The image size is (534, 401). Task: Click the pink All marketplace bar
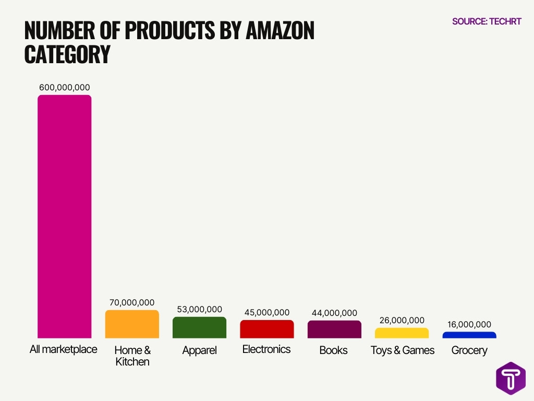[64, 216]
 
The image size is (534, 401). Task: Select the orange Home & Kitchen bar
[132, 324]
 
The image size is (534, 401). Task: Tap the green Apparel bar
[199, 327]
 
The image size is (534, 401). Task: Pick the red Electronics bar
[266, 329]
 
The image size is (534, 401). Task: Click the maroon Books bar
[334, 329]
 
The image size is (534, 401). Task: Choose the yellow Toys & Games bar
[402, 333]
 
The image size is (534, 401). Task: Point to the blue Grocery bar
[469, 335]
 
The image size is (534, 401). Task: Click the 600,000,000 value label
[64, 87]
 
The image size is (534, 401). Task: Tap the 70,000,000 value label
[132, 302]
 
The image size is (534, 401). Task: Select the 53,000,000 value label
[199, 309]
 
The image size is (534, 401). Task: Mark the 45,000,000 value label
[266, 312]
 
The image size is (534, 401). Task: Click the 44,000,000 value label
[334, 313]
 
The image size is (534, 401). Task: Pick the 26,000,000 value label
[402, 320]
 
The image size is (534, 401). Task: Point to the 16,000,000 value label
[469, 324]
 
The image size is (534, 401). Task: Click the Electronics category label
[266, 349]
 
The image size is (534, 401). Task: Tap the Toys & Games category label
[402, 350]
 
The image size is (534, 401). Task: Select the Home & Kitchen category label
[132, 356]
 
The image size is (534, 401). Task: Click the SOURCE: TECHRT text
[487, 21]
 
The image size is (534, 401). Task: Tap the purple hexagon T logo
[511, 379]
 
